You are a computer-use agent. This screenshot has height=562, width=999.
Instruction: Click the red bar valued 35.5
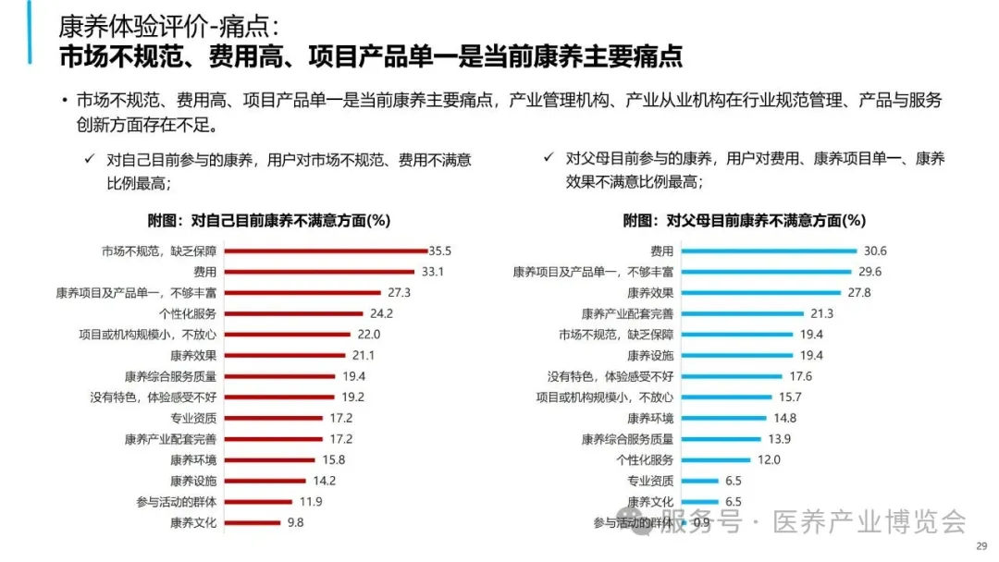click(326, 250)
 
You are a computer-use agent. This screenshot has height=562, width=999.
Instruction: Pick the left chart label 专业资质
click(193, 418)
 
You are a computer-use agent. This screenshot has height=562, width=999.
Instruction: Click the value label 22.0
click(369, 335)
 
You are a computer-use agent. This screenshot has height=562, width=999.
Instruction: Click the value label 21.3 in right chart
click(821, 313)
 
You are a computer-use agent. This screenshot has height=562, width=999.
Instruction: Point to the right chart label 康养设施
click(650, 355)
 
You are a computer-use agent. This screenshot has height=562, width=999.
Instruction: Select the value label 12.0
click(770, 459)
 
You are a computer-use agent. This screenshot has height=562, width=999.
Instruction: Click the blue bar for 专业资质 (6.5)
click(699, 481)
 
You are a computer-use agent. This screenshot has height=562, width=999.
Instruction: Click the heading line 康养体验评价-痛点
click(166, 26)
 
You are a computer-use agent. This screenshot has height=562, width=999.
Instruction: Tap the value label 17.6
click(800, 376)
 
